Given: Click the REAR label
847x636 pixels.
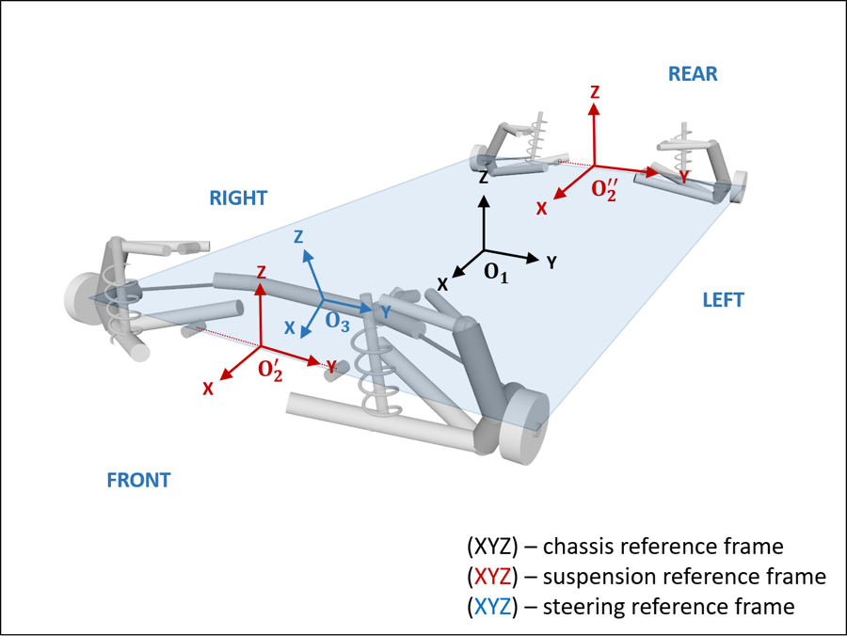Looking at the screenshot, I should pyautogui.click(x=693, y=73).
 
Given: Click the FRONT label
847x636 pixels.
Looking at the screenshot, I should pyautogui.click(x=138, y=480).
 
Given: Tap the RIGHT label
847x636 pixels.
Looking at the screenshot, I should pyautogui.click(x=238, y=199).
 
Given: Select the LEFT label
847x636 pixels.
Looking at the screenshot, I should pyautogui.click(x=723, y=300).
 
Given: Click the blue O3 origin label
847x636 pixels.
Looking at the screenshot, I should pyautogui.click(x=338, y=321).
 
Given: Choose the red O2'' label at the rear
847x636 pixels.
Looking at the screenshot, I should pyautogui.click(x=603, y=190).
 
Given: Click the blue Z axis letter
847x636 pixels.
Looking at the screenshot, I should pyautogui.click(x=298, y=238).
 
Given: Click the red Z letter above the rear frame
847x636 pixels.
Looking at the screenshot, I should pyautogui.click(x=595, y=92).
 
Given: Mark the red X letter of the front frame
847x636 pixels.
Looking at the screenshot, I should pyautogui.click(x=208, y=388).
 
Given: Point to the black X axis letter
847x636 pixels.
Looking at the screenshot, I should pyautogui.click(x=442, y=283).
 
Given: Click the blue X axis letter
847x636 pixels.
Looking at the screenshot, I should pyautogui.click(x=290, y=328).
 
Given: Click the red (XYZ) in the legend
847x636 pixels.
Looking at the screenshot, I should pyautogui.click(x=491, y=576).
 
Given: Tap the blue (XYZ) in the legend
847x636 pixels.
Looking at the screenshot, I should pyautogui.click(x=491, y=607).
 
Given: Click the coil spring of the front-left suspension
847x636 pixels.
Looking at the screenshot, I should pyautogui.click(x=376, y=372).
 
